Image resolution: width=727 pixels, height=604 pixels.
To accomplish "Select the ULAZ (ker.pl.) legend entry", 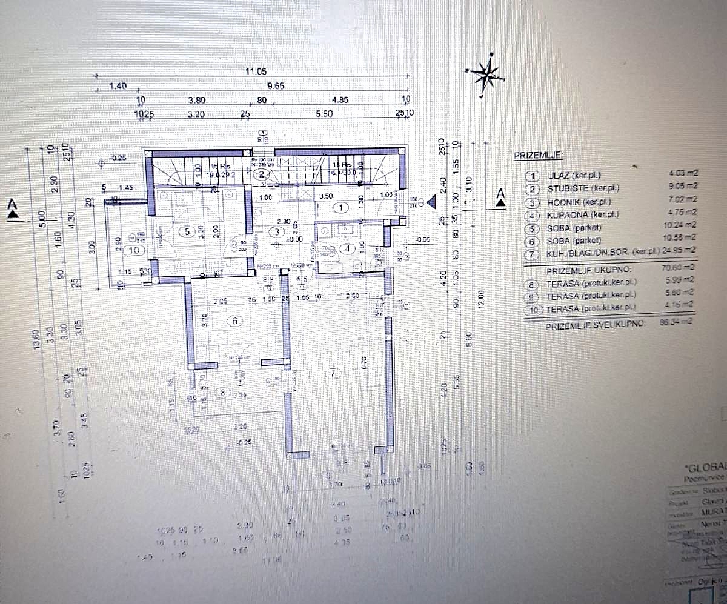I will point(573,176).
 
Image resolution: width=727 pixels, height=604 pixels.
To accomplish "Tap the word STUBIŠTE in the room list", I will point(567,188).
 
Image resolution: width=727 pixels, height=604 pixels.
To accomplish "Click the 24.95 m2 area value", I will point(682,249).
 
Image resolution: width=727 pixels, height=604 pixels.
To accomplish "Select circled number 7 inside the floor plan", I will point(332,373).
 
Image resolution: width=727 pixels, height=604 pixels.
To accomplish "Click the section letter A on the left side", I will point(12,206).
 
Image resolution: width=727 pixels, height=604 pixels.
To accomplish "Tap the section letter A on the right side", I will point(500,194).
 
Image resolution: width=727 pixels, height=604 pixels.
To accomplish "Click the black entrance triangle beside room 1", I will point(432,202).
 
